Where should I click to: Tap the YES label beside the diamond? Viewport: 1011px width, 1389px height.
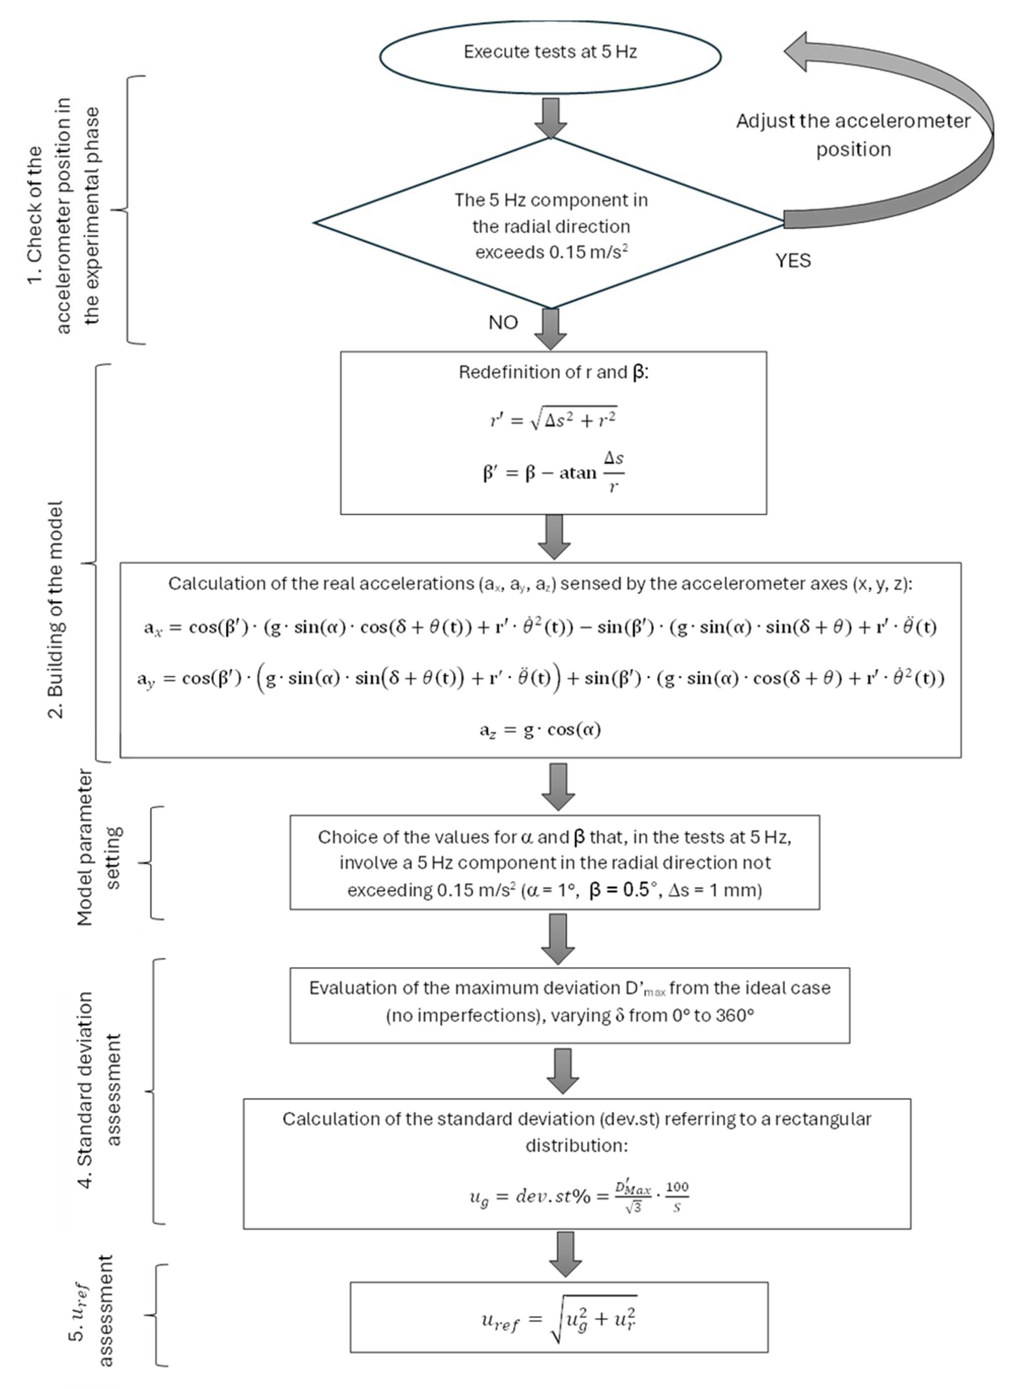coord(793,261)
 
